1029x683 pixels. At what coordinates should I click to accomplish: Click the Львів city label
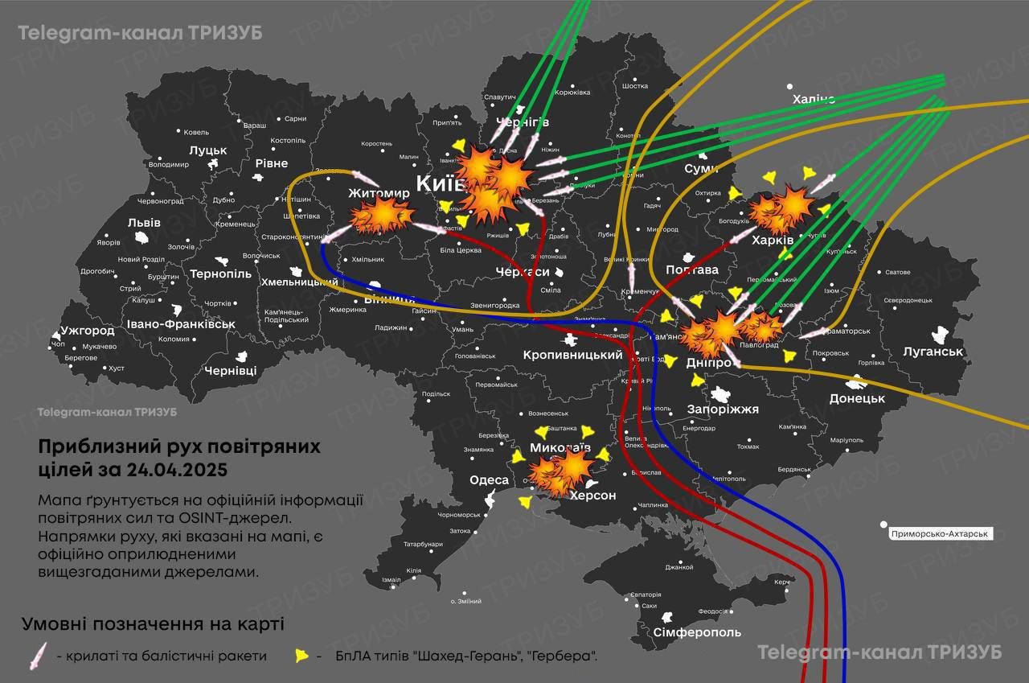144,223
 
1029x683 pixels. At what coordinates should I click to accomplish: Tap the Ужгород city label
87,331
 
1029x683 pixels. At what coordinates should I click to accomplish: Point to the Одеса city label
489,480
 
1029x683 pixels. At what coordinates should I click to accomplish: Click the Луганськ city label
933,352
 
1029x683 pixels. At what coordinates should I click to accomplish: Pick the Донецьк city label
857,398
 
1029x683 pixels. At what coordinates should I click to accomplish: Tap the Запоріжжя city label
723,409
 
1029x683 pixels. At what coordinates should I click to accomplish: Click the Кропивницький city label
572,355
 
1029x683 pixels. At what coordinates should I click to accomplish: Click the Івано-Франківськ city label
181,324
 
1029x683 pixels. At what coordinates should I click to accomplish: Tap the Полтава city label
691,269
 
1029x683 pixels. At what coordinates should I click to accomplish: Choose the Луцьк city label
208,150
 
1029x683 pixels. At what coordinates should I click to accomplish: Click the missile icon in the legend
38,656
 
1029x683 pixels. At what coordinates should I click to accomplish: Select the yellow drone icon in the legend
301,656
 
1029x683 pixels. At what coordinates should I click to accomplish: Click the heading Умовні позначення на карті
153,624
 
